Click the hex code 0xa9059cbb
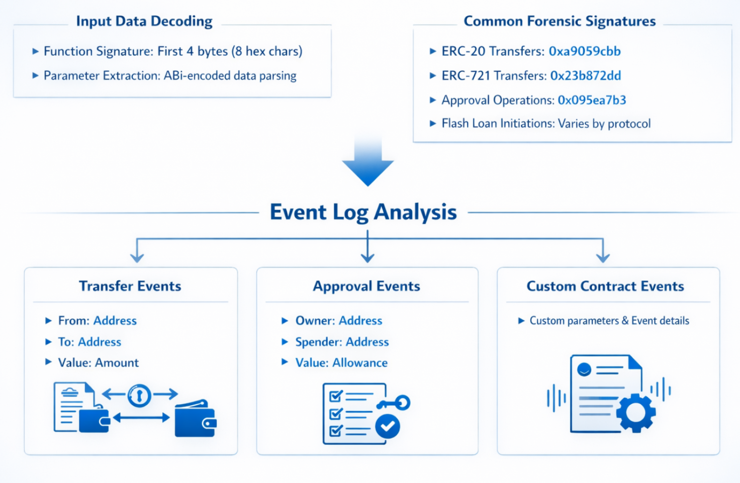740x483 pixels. tap(584, 51)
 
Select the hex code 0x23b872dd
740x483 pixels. tap(585, 76)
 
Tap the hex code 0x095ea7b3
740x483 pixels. tap(592, 100)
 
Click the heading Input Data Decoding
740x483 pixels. tap(144, 21)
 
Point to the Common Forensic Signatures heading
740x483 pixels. tap(559, 21)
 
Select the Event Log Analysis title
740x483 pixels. tap(363, 212)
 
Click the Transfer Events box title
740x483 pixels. tap(130, 286)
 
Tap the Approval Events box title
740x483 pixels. tap(367, 286)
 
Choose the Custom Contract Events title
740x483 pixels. tap(605, 286)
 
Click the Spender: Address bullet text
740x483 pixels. tap(342, 342)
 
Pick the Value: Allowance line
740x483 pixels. tap(341, 363)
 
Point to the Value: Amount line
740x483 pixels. tap(98, 363)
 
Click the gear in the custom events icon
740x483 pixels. tap(636, 412)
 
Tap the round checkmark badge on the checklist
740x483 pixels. tap(387, 426)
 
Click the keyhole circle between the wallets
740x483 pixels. tap(139, 395)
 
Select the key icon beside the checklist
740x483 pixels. tap(395, 403)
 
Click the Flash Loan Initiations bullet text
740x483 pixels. tap(546, 123)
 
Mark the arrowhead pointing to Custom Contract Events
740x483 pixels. tap(603, 257)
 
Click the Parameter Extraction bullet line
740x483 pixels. tap(170, 76)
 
